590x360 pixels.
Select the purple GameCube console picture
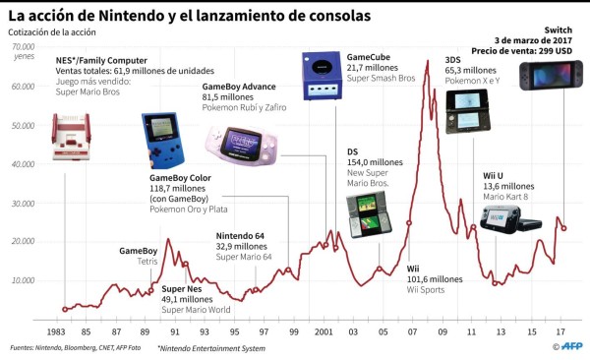pyautogui.click(x=322, y=76)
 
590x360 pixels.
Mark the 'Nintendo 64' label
pyautogui.click(x=242, y=235)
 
